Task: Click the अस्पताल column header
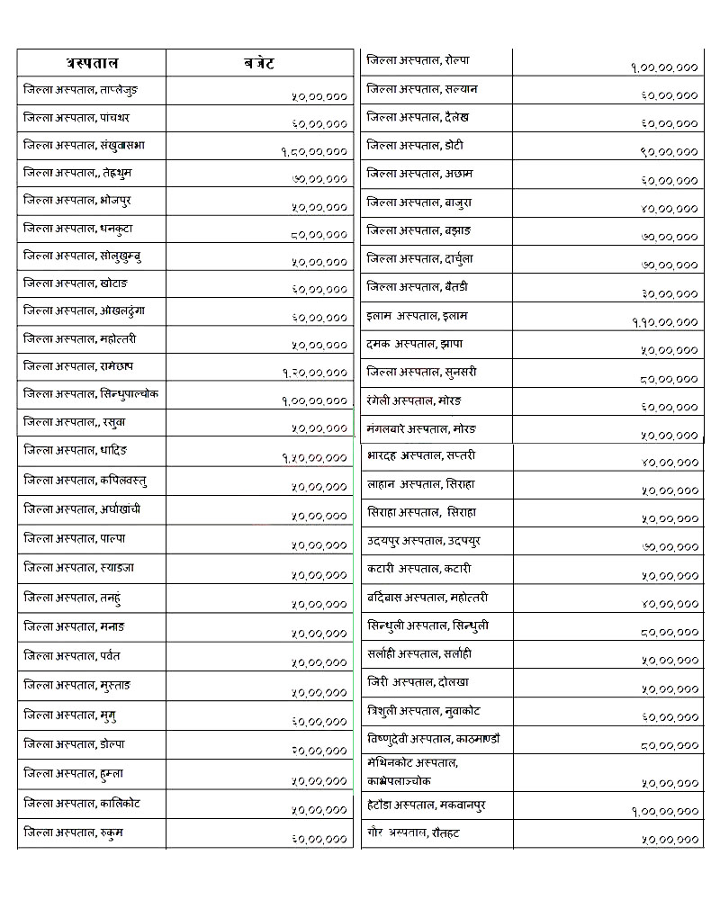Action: coord(92,63)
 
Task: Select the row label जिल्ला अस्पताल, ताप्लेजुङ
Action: coord(81,90)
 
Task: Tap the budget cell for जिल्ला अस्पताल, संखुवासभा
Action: coord(314,152)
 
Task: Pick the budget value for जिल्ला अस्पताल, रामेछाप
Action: coord(314,372)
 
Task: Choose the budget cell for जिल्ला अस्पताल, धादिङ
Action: coord(314,458)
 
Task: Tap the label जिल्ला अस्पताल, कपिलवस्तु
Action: coord(85,481)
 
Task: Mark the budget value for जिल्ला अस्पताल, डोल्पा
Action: coord(319,750)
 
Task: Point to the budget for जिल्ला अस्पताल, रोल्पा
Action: coord(665,67)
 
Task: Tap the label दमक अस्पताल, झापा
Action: coord(415,344)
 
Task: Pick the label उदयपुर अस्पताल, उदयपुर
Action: coord(424,540)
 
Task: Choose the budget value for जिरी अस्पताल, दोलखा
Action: coord(670,689)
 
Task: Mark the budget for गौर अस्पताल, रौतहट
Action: coord(670,840)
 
